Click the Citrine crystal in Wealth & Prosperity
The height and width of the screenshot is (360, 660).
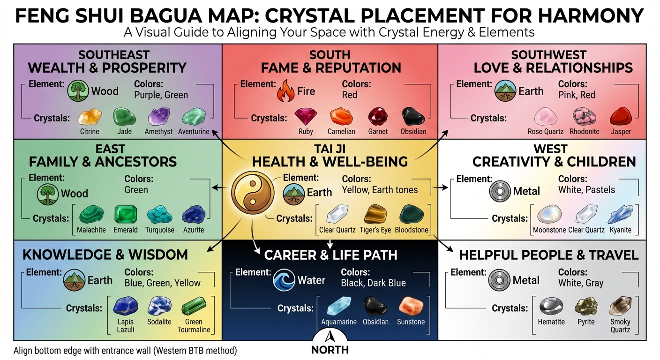[90, 117]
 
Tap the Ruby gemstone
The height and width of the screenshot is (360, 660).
[306, 116]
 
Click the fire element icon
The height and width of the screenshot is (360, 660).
[286, 91]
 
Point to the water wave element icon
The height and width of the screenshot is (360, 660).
[285, 280]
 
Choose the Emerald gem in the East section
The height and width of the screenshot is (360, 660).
[126, 215]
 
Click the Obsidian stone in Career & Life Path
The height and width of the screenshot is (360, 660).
[375, 307]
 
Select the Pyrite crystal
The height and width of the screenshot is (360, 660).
[585, 307]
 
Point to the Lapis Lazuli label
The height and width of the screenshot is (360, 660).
[126, 325]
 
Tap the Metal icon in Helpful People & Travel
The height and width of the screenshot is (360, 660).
[499, 281]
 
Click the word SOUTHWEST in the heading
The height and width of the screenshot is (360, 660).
[548, 55]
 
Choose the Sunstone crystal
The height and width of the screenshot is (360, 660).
[411, 307]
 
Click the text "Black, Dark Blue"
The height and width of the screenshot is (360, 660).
[373, 283]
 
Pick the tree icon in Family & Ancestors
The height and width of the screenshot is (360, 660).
[48, 194]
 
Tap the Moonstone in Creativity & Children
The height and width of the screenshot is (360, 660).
[549, 215]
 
